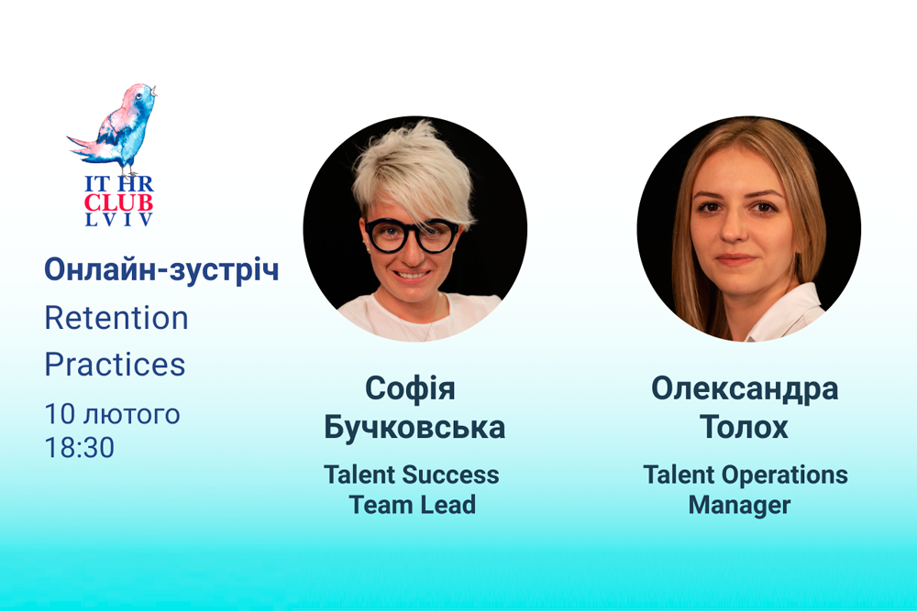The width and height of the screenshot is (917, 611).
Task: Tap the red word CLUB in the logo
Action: [x=118, y=202]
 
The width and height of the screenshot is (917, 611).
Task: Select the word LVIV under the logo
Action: [x=118, y=220]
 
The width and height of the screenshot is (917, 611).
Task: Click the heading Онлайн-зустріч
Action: [x=161, y=270]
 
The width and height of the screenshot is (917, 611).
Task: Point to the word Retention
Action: [x=116, y=318]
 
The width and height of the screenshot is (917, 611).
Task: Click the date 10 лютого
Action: [x=112, y=413]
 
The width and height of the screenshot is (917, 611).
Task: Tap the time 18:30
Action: [x=80, y=447]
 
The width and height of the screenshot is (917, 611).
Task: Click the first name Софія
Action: [x=410, y=388]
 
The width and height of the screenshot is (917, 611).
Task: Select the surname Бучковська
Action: [x=414, y=427]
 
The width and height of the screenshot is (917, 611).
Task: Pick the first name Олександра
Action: [x=745, y=389]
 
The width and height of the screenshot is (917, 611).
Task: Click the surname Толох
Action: [x=744, y=427]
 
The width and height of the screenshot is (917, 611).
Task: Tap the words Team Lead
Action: [x=413, y=505]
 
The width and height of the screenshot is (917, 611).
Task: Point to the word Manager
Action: [x=739, y=506]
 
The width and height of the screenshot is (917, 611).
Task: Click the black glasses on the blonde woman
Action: [x=412, y=235]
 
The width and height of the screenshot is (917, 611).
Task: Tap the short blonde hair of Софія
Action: [x=413, y=173]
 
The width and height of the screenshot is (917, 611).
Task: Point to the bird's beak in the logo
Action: [x=154, y=91]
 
